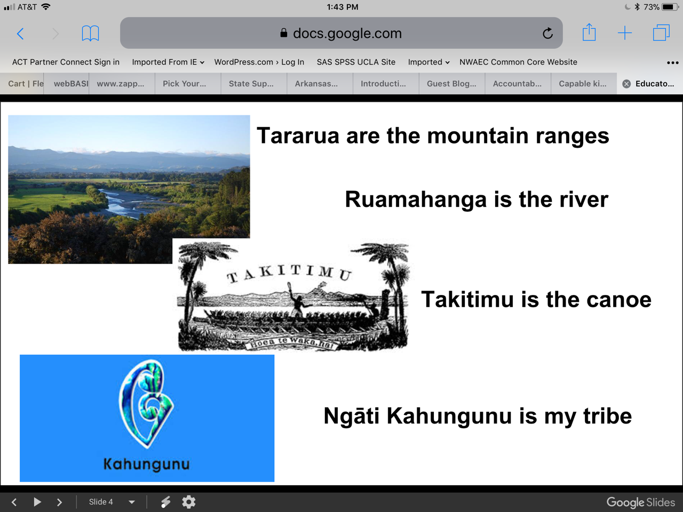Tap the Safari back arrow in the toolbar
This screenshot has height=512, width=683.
click(20, 34)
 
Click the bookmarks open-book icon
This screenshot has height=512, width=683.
click(90, 33)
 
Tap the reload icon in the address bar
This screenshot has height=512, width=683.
click(547, 33)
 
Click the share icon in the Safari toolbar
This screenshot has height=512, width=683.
click(589, 32)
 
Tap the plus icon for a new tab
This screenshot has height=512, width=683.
click(624, 33)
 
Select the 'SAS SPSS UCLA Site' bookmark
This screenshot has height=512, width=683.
click(356, 62)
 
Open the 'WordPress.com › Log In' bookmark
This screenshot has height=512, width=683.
click(259, 62)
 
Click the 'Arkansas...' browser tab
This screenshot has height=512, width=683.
click(316, 84)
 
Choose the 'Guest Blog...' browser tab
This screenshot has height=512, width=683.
click(451, 84)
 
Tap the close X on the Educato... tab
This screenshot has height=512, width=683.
click(626, 84)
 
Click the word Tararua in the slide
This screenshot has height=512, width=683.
click(297, 136)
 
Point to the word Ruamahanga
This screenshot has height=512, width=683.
click(416, 199)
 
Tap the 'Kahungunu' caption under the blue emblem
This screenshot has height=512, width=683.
click(146, 464)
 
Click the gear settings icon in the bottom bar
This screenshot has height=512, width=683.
click(188, 502)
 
